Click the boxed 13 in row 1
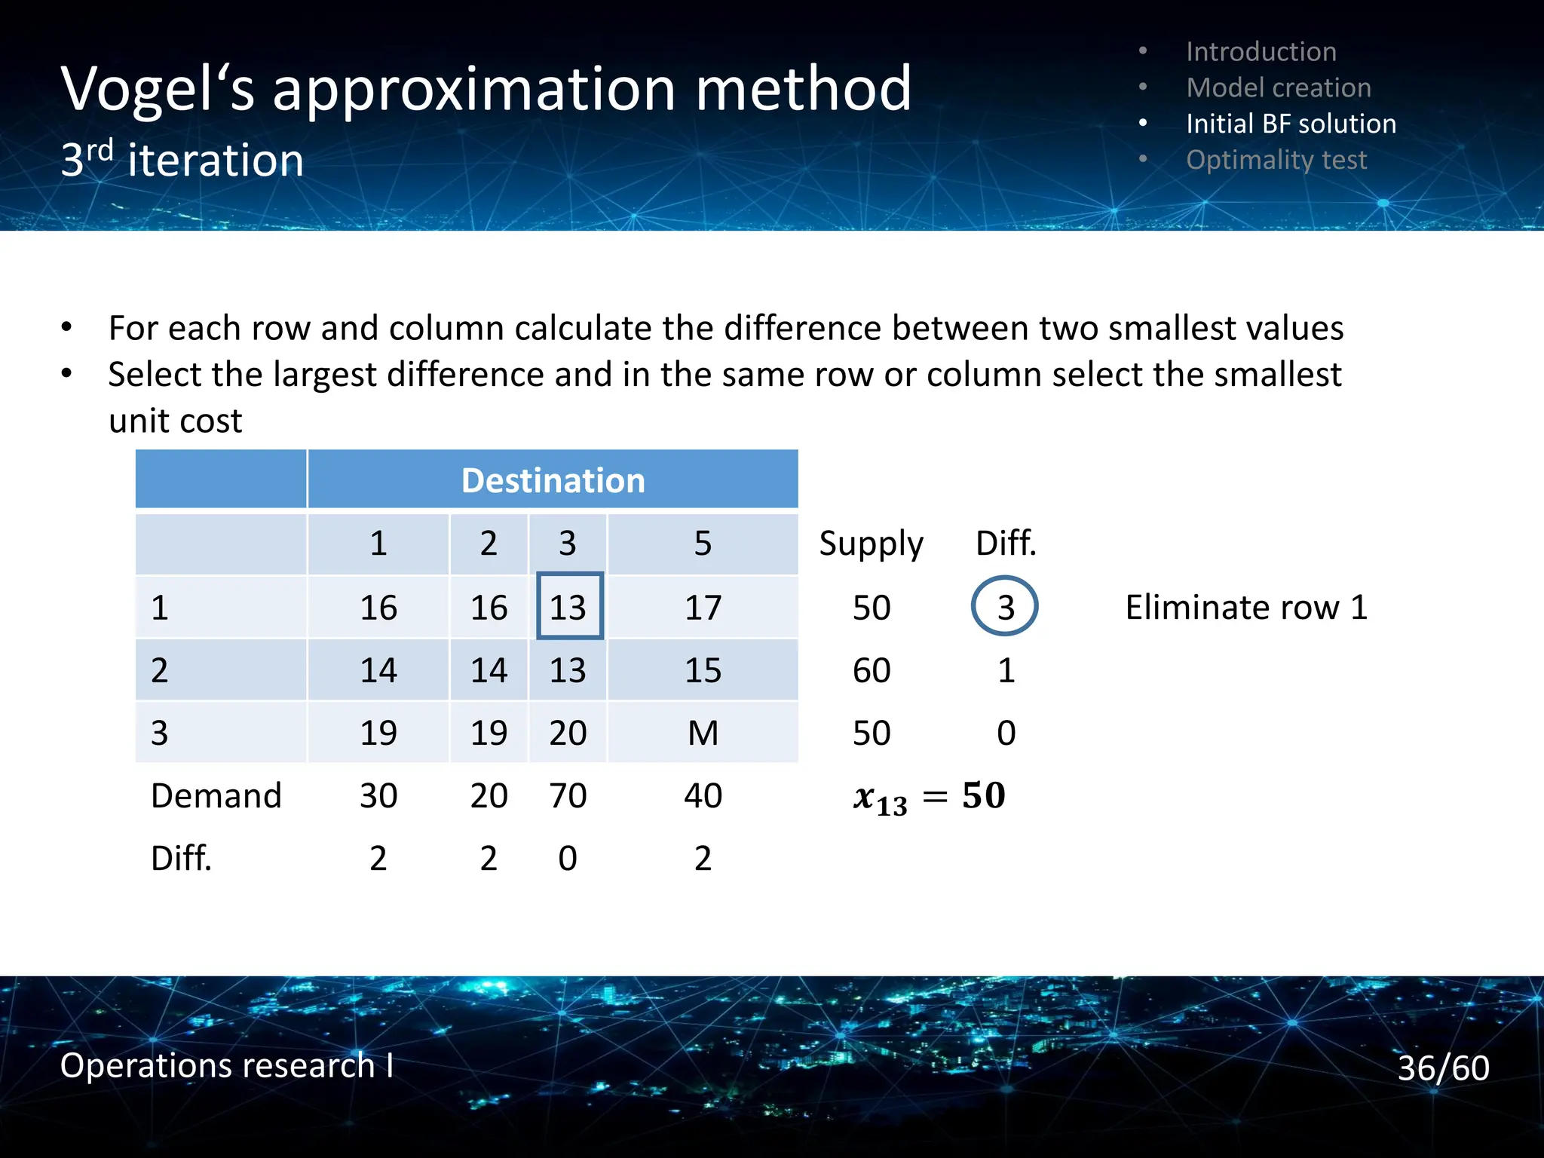pyautogui.click(x=569, y=607)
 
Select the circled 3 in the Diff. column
pyautogui.click(x=1005, y=607)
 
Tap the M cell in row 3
pyautogui.click(x=703, y=733)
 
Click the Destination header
pyautogui.click(x=553, y=480)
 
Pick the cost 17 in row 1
pyautogui.click(x=703, y=607)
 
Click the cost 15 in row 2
pyautogui.click(x=703, y=670)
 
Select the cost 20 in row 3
pyautogui.click(x=568, y=733)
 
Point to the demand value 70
pyautogui.click(x=568, y=795)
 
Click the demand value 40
pyautogui.click(x=703, y=795)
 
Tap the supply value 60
pyautogui.click(x=872, y=670)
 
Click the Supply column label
pyautogui.click(x=871, y=544)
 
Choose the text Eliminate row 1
pyautogui.click(x=1246, y=607)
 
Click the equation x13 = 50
pyautogui.click(x=929, y=797)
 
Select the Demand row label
pyautogui.click(x=216, y=795)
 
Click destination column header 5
pyautogui.click(x=703, y=544)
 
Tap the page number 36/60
pyautogui.click(x=1443, y=1068)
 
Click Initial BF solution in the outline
pyautogui.click(x=1291, y=124)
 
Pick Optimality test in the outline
pyautogui.click(x=1276, y=160)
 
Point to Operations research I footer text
pyautogui.click(x=226, y=1065)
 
